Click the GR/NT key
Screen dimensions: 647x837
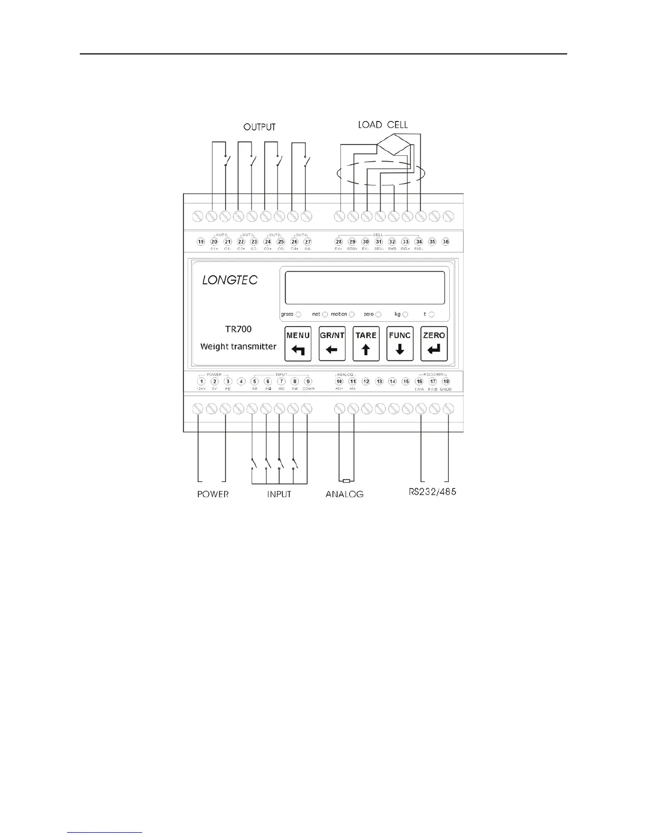(x=332, y=343)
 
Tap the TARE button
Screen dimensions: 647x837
(x=366, y=343)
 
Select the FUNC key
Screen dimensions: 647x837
(x=400, y=343)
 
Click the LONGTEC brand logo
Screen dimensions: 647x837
(x=230, y=280)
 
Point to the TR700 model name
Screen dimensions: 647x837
(x=238, y=329)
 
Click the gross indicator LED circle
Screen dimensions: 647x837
(x=298, y=314)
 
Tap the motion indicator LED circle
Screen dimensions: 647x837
(x=352, y=314)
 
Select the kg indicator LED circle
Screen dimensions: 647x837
(x=405, y=314)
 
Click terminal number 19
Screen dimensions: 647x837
(x=201, y=241)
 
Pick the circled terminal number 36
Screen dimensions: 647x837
(x=446, y=241)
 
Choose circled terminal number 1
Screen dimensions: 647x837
(x=201, y=382)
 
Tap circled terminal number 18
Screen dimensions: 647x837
(x=446, y=382)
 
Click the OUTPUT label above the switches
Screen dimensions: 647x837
(x=260, y=127)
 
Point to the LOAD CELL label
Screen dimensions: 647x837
(x=383, y=125)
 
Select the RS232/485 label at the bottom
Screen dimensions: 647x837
(x=432, y=492)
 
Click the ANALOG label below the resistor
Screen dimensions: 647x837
(x=345, y=494)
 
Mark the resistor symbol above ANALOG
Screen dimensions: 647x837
(x=346, y=481)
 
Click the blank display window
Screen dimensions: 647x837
(x=365, y=287)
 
